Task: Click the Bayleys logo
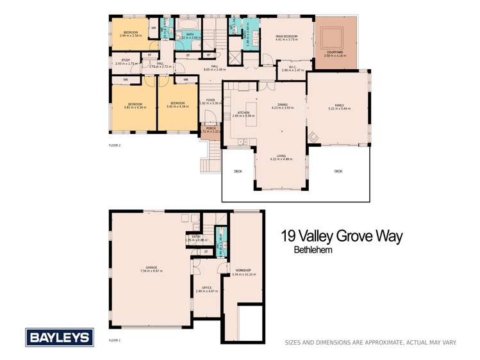60,338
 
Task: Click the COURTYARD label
336,53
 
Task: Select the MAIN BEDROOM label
288,37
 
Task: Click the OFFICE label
206,288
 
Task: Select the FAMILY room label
338,106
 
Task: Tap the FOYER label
210,100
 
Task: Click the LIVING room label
281,156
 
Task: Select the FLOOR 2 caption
115,145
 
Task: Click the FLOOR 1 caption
115,340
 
